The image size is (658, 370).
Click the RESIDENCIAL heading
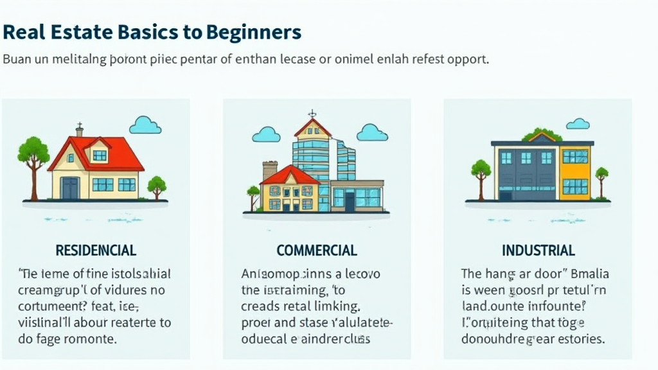(96, 250)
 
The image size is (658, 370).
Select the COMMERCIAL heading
(317, 250)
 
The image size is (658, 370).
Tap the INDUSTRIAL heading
(538, 250)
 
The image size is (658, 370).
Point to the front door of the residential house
(69, 188)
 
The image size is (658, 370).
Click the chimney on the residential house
(79, 130)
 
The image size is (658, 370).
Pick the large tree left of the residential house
(33, 154)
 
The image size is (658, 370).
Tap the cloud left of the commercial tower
(266, 134)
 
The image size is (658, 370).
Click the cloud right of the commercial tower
(371, 132)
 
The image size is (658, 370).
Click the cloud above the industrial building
(578, 123)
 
